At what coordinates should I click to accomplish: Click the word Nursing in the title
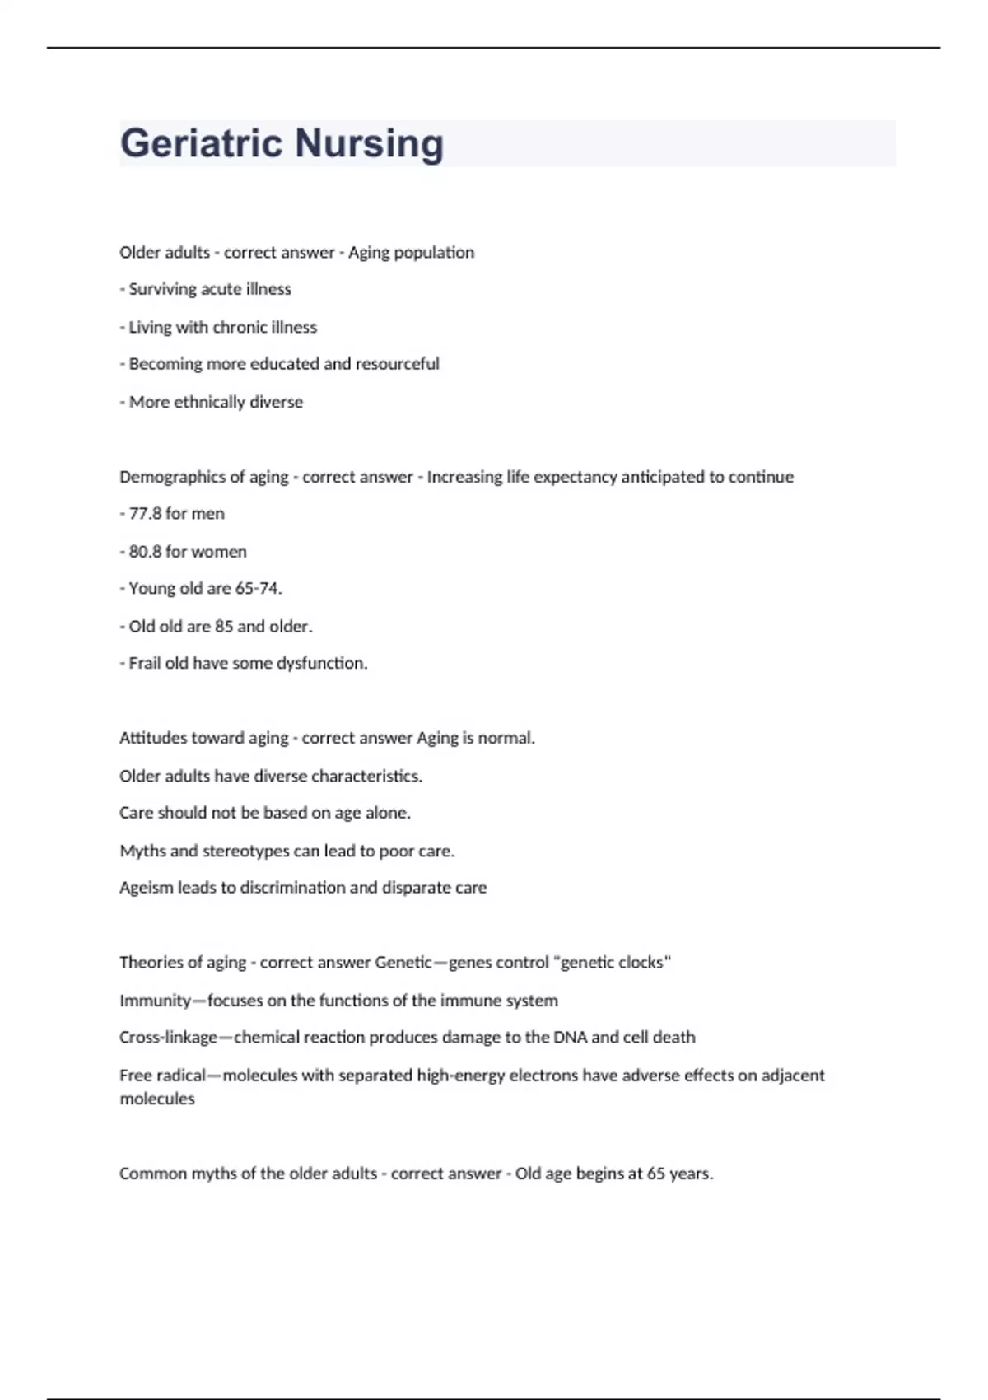coord(370,143)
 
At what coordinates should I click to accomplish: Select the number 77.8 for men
coord(145,513)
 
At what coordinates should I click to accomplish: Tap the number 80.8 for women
coord(145,551)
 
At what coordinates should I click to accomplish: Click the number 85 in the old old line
coord(224,626)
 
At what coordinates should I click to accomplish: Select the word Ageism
coord(146,887)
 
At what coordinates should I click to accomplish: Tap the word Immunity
coord(155,1000)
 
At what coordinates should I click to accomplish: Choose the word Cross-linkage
coord(168,1037)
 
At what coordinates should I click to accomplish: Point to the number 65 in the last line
coord(655,1173)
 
